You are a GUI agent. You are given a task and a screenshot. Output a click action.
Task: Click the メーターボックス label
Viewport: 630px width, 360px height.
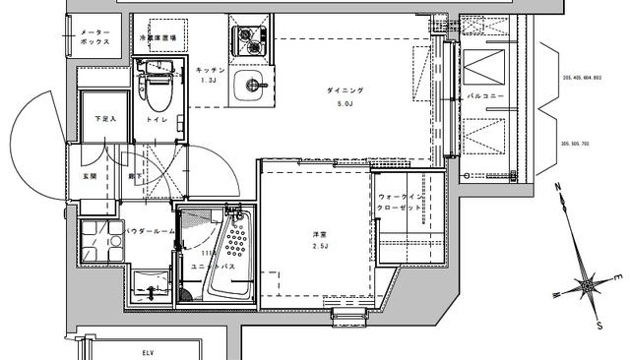click(94, 38)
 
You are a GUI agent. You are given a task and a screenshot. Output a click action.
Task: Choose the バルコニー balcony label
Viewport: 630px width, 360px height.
click(487, 96)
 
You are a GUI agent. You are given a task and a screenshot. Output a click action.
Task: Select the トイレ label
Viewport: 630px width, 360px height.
click(157, 120)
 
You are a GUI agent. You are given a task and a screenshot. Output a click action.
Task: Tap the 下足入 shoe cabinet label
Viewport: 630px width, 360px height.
click(104, 120)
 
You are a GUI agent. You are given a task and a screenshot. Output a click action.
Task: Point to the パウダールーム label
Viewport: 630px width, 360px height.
click(150, 231)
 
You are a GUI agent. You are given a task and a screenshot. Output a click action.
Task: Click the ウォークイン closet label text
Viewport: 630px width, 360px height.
click(402, 197)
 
